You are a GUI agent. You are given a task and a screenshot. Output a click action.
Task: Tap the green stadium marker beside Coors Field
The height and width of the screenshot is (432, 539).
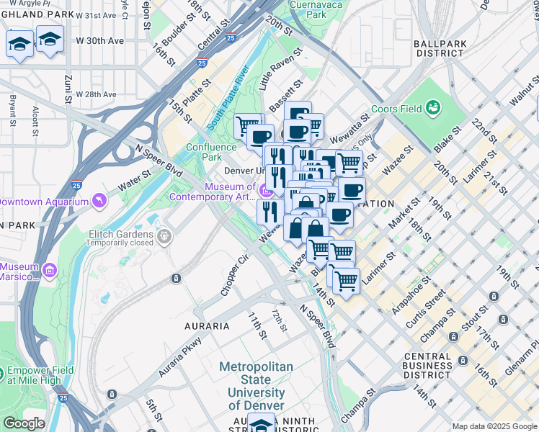pyautogui.click(x=433, y=108)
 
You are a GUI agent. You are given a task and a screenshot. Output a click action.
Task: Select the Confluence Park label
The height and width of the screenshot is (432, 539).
pyautogui.click(x=211, y=152)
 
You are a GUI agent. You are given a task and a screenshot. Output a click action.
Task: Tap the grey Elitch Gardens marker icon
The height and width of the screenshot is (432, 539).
pyautogui.click(x=165, y=235)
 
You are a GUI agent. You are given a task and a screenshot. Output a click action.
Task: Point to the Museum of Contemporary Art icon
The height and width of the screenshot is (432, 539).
pyautogui.click(x=265, y=192)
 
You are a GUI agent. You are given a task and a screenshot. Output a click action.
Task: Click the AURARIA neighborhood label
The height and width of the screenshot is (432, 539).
pyautogui.click(x=207, y=326)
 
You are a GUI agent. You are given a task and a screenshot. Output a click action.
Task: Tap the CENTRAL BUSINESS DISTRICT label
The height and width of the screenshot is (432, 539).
pyautogui.click(x=437, y=365)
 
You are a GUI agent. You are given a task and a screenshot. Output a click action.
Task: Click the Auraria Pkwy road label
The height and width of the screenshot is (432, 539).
pyautogui.click(x=181, y=359)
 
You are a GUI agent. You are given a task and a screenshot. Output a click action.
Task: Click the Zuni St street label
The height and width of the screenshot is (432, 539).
pyautogui.click(x=68, y=86)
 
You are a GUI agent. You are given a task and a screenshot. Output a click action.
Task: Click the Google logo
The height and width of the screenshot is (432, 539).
pyautogui.click(x=24, y=423)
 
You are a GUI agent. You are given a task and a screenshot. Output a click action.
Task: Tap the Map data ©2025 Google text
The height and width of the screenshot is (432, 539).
pyautogui.click(x=494, y=426)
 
